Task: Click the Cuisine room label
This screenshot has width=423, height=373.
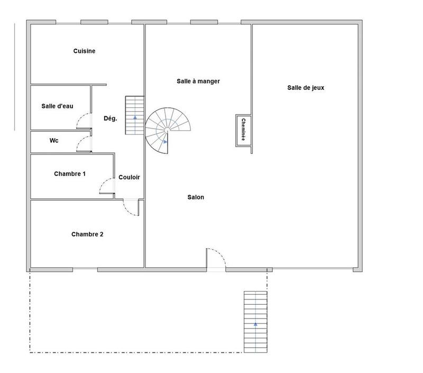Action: click(84, 51)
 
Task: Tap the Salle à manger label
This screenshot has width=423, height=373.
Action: click(198, 81)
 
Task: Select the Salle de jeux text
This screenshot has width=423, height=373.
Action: click(306, 88)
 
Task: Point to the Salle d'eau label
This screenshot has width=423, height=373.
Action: click(57, 106)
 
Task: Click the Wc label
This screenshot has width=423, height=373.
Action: click(53, 141)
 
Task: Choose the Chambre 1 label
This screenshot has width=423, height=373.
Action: click(70, 174)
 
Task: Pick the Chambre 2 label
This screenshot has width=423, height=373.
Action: click(87, 234)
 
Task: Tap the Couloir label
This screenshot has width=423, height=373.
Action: click(129, 178)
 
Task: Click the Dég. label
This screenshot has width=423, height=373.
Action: click(110, 119)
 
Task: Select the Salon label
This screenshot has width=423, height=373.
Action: click(195, 197)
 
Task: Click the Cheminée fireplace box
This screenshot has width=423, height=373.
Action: click(243, 129)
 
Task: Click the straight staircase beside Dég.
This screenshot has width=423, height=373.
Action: click(134, 115)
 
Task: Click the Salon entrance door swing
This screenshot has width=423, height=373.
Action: click(216, 258)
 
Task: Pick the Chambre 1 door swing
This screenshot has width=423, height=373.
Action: click(107, 186)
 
